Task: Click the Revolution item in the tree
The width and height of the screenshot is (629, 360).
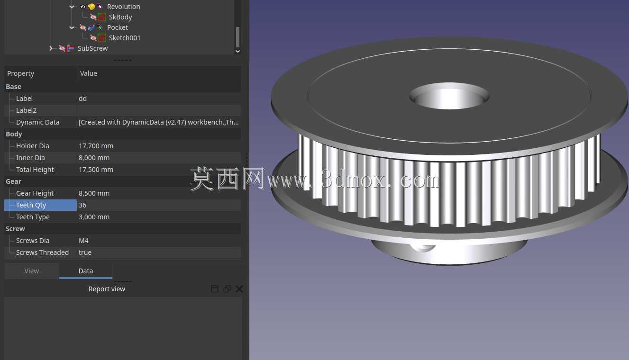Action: [x=123, y=7]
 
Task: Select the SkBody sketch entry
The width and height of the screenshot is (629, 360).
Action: [x=120, y=17]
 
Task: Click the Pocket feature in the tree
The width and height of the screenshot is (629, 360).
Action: [x=118, y=27]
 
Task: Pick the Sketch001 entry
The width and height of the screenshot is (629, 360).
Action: [x=124, y=38]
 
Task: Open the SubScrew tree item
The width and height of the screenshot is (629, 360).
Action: [x=92, y=48]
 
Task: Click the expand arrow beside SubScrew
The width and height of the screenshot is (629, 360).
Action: [x=51, y=48]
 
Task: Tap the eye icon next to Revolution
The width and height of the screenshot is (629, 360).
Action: [x=83, y=7]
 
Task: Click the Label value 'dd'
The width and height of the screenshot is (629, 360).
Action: [x=82, y=99]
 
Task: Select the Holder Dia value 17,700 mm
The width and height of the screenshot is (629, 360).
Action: [x=96, y=146]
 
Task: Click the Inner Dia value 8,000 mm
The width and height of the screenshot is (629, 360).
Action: [x=94, y=158]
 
